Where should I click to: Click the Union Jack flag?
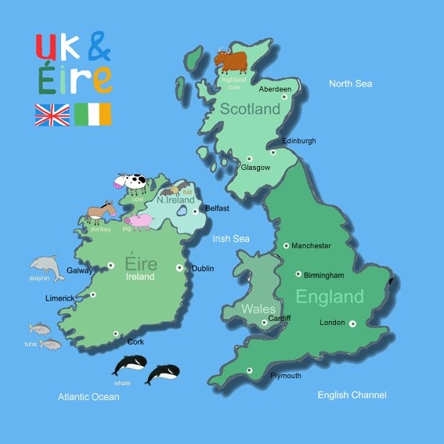pos(52,114)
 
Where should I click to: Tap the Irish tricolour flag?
pos(93,114)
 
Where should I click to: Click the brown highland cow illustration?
pos(230,60)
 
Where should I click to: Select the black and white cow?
pos(131,184)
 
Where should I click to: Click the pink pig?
pos(139,222)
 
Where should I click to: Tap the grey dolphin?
pos(46,265)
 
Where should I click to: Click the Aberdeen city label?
pos(275,89)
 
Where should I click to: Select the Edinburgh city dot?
pos(273,153)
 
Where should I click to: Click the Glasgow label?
pos(256,168)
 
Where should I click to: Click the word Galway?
pos(81,270)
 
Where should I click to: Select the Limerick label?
pos(60,298)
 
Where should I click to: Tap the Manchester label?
pos(312,246)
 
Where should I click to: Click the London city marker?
pos(353,323)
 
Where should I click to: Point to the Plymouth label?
pos(286,376)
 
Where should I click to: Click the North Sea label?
pos(350,84)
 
